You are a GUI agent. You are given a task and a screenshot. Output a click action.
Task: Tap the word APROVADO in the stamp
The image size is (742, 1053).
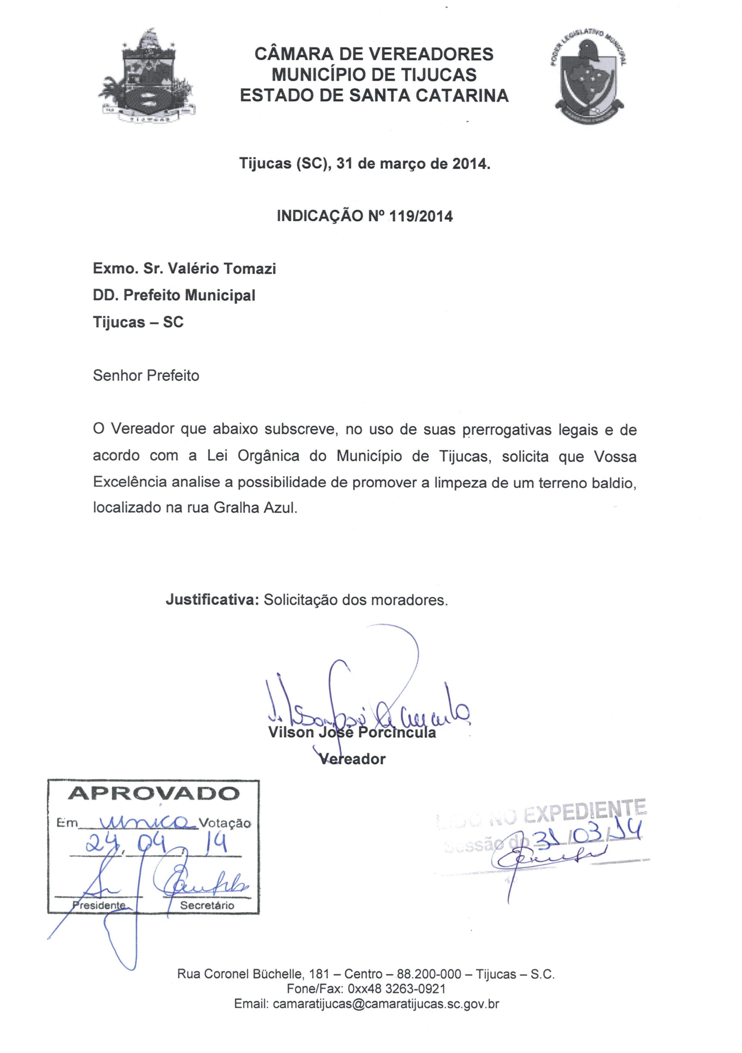point(154,793)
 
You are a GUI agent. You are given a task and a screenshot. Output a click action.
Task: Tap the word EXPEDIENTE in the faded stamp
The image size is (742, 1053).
point(585,813)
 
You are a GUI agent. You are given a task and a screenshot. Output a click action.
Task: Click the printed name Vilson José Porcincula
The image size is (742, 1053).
point(352,732)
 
